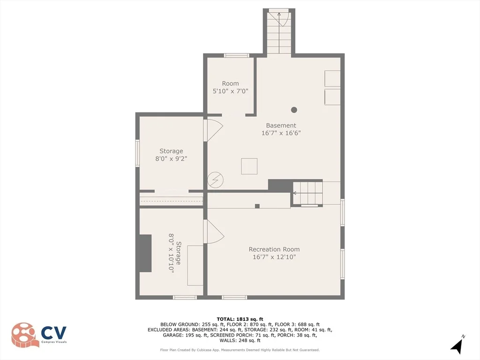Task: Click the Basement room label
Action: [281, 125]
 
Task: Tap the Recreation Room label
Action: [274, 249]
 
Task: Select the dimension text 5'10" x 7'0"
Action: [230, 91]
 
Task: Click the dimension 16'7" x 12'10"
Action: [274, 257]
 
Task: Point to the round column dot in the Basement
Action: [294, 110]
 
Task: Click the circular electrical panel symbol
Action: [215, 180]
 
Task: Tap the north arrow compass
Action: [457, 345]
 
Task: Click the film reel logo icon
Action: [25, 335]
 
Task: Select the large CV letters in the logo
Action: [53, 333]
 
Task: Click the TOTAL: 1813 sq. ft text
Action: [240, 319]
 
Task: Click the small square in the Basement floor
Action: [249, 166]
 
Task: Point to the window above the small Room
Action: [236, 55]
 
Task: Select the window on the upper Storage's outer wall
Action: [137, 153]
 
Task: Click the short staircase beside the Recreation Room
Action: [308, 193]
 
